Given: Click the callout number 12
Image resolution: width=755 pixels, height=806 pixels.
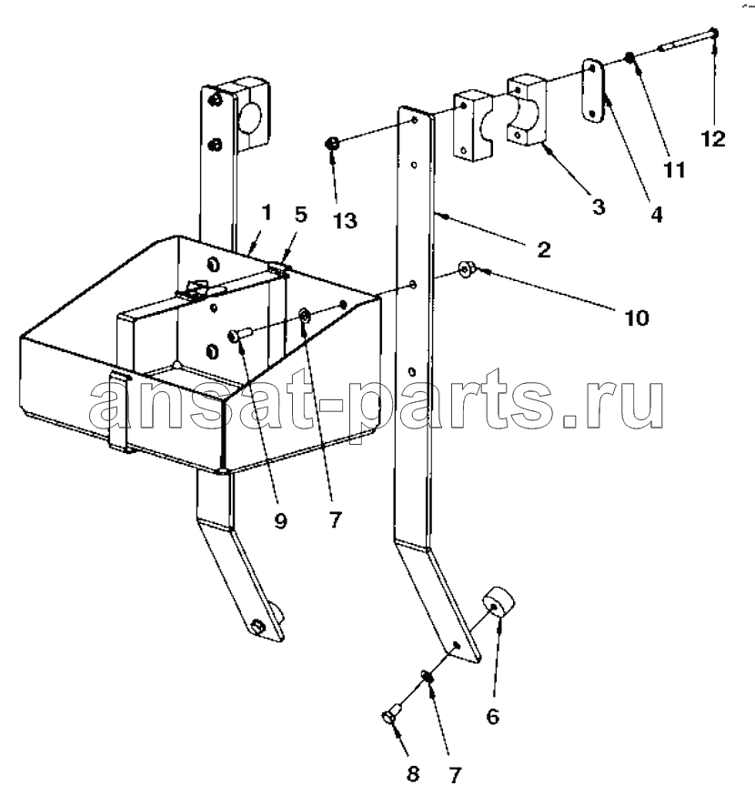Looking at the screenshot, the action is click(713, 139).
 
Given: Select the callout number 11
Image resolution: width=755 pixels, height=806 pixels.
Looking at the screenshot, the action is click(674, 169).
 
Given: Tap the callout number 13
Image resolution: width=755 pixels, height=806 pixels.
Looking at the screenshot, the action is click(345, 221).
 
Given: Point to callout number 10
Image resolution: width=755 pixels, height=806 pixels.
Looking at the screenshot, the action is click(636, 318).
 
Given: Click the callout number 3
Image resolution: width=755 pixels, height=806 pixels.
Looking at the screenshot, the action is click(599, 207).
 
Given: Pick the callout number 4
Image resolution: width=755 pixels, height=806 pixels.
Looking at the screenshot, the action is click(657, 215).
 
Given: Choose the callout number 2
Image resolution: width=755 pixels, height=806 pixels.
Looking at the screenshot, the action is click(544, 249).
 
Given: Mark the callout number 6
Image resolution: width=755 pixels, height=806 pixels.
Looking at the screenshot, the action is click(492, 716).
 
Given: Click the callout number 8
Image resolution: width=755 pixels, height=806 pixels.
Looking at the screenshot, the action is click(413, 774).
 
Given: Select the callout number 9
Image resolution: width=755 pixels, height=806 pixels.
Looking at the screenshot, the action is click(280, 521).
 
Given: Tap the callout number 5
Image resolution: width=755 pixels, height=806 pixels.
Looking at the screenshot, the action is click(301, 215).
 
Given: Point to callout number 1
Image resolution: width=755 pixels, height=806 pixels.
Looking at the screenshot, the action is click(266, 212).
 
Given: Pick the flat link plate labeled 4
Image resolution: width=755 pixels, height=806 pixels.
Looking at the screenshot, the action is click(592, 91).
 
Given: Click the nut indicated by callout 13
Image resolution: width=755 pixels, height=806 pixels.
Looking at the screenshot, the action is click(332, 144).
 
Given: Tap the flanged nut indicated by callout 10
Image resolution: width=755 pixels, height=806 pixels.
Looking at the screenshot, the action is click(467, 269).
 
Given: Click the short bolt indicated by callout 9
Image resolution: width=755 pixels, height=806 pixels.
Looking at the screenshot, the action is click(238, 334).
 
